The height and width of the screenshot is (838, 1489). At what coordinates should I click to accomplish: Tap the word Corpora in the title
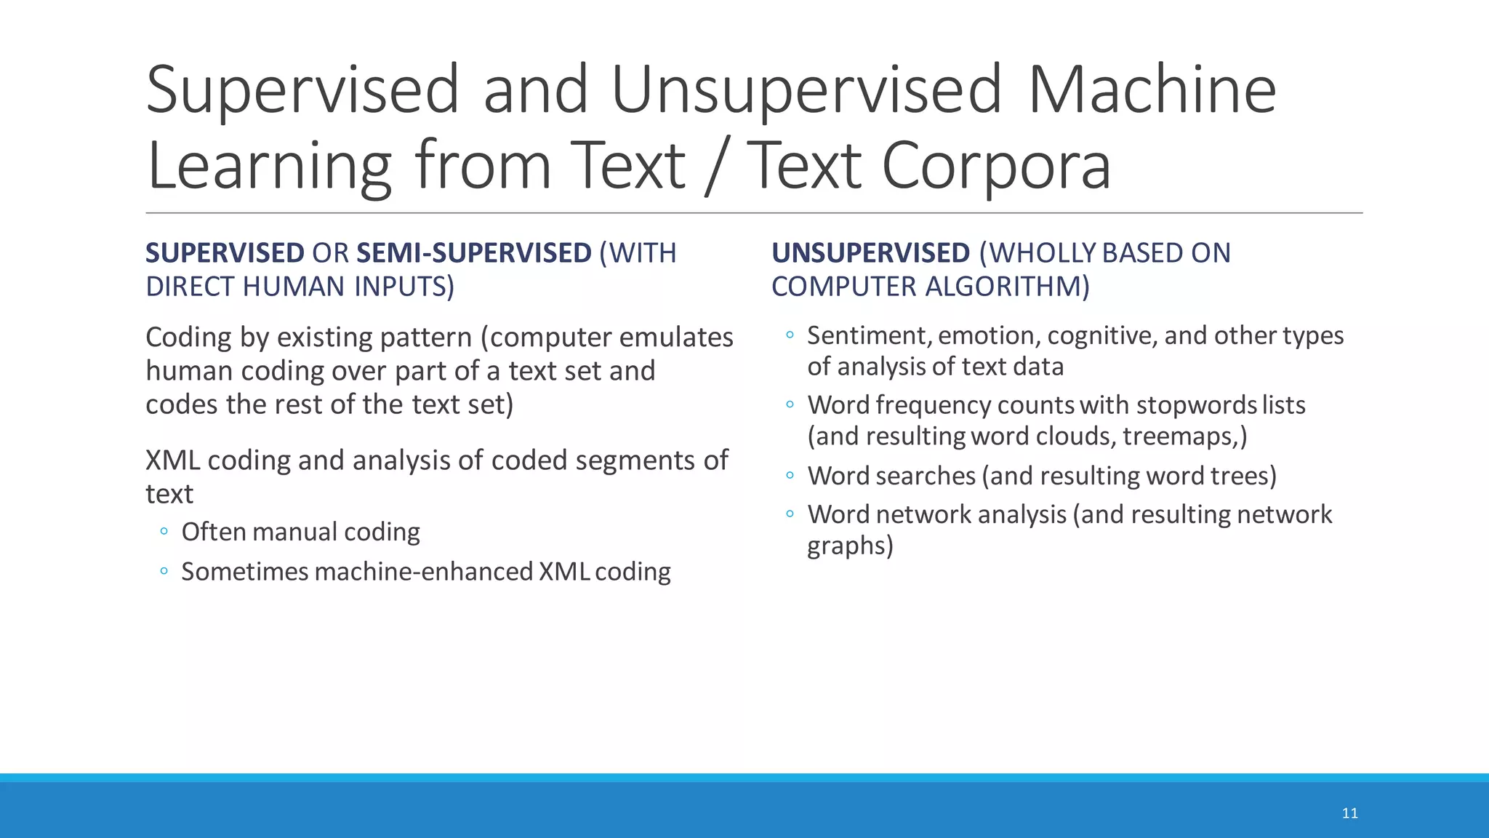coord(996,167)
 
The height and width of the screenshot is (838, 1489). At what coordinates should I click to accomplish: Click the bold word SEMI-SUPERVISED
coord(474,253)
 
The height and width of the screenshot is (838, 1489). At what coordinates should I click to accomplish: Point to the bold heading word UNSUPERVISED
coord(870,253)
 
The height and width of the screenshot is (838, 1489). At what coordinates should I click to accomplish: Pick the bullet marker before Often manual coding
coord(164,531)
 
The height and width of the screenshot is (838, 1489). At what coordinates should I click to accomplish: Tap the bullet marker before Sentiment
coord(790,335)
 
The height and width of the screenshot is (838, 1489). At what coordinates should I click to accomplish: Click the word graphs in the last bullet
coord(849,546)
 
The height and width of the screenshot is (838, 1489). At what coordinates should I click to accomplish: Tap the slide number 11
coord(1349,813)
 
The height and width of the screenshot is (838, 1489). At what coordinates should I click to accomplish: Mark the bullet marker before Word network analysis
coord(790,514)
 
